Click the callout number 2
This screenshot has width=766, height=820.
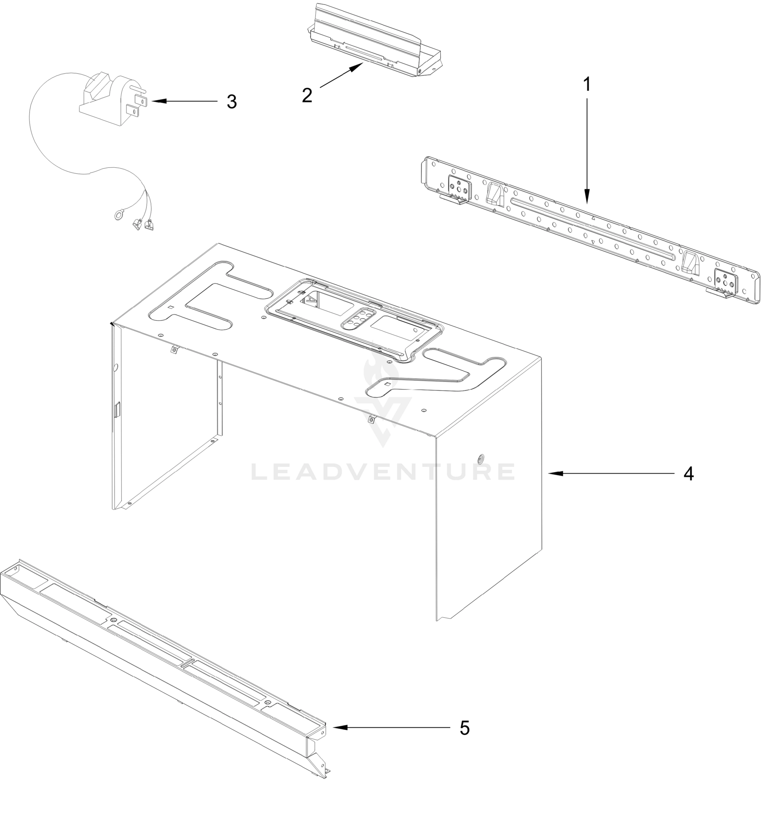tap(307, 95)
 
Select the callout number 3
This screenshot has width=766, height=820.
tap(231, 101)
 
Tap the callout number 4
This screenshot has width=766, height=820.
tap(689, 474)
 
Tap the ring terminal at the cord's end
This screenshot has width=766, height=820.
tap(117, 215)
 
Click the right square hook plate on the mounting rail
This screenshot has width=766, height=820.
tap(726, 280)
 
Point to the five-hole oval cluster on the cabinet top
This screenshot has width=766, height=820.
tap(357, 319)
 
